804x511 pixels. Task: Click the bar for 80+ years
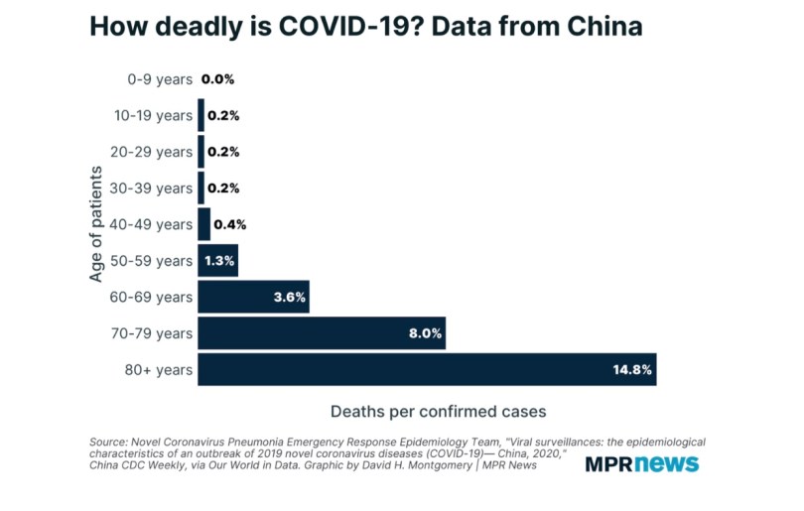[x=427, y=369]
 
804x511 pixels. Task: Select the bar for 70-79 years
[x=322, y=333]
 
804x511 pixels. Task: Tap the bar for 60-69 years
[x=253, y=297]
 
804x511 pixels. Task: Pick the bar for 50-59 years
[x=218, y=260]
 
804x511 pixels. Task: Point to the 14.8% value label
[x=632, y=370]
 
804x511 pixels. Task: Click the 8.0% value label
[x=425, y=333]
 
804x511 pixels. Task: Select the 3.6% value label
[x=289, y=297]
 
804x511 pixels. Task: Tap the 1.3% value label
[x=217, y=260]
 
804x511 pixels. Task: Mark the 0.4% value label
[x=229, y=224]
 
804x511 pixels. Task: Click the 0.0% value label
[x=217, y=78]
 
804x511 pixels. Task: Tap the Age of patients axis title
[x=96, y=224]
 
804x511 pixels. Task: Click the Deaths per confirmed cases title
[x=438, y=409]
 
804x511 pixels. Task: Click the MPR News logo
[x=641, y=463]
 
